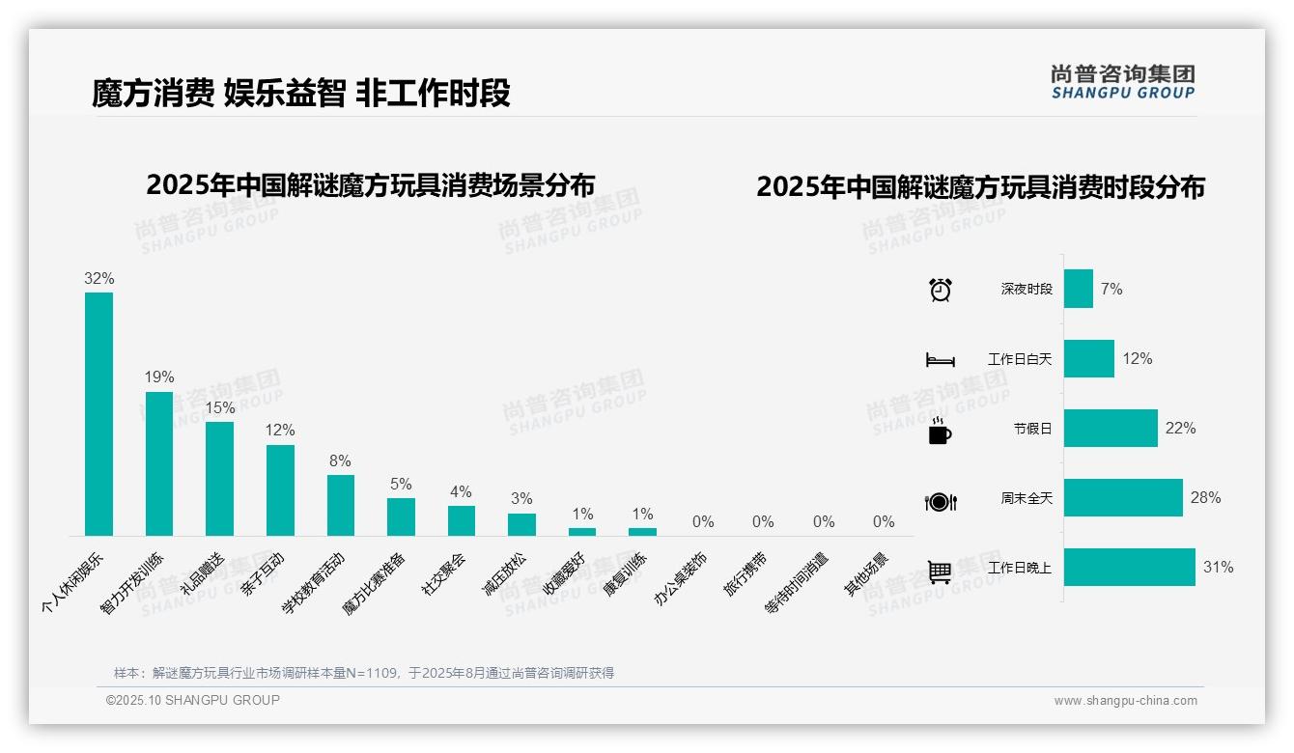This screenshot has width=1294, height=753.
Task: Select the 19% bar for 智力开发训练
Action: pos(159,463)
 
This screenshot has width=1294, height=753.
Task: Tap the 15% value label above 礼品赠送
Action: pos(220,408)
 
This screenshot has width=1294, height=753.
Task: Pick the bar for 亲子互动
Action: pos(280,489)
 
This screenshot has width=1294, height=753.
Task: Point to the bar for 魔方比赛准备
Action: pos(401,516)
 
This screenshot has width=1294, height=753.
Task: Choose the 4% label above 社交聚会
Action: pos(461,492)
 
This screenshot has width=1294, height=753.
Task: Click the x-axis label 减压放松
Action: pos(504,575)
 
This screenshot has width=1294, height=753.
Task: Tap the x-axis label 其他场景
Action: pos(866,574)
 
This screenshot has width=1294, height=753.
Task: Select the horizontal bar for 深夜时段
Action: pos(1079,289)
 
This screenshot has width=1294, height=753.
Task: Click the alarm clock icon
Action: pos(940,290)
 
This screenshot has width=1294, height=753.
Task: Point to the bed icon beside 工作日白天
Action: pos(940,360)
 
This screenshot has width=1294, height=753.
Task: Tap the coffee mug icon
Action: pos(940,431)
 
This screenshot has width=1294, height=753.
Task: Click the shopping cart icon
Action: pos(940,572)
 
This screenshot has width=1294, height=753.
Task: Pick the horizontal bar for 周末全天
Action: pos(1123,498)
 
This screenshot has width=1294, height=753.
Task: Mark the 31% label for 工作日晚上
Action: pos(1218,568)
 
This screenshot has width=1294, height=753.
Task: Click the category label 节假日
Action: pos(1032,429)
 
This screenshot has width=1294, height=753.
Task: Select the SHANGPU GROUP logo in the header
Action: pos(1122,82)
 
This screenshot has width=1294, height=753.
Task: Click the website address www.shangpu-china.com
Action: pos(1125,701)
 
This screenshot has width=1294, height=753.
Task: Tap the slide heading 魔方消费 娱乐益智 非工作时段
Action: pos(300,94)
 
